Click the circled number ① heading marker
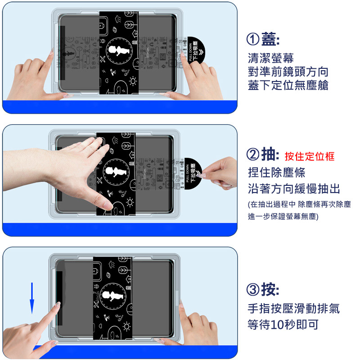(253, 39)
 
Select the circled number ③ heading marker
(253, 289)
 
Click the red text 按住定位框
(310, 156)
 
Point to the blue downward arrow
(32, 298)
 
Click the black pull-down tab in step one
(196, 50)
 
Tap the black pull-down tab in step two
(193, 173)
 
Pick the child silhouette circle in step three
(113, 296)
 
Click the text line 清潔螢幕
(271, 58)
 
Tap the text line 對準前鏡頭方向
(288, 72)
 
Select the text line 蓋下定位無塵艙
(288, 85)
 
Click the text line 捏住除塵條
(276, 172)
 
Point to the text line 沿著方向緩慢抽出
(294, 189)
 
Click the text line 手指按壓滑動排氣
(294, 308)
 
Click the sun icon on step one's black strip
(133, 81)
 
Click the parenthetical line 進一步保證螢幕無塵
(283, 216)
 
